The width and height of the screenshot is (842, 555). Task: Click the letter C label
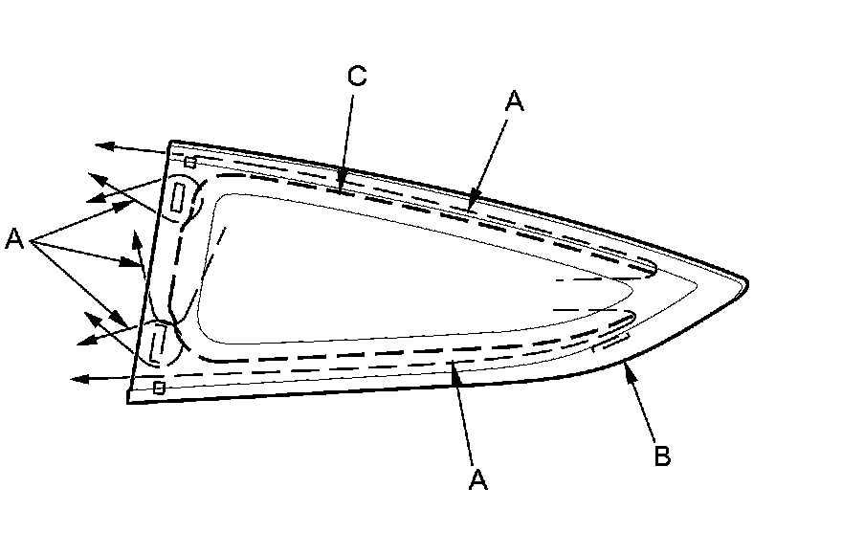click(356, 77)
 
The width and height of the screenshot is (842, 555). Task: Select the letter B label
click(661, 455)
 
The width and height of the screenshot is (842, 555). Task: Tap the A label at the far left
click(14, 238)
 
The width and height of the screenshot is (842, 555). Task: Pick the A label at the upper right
click(515, 102)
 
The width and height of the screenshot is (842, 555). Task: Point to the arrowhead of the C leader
click(342, 188)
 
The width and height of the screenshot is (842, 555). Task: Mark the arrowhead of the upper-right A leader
click(470, 207)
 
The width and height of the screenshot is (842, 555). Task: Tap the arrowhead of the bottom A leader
click(454, 366)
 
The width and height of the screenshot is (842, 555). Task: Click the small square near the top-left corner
click(190, 162)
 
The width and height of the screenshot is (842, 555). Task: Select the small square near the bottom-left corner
click(159, 387)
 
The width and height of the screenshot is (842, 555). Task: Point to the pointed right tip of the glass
click(746, 283)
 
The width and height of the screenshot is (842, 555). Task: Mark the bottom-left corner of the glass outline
click(128, 402)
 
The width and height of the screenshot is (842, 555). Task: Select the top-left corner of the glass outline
click(170, 142)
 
